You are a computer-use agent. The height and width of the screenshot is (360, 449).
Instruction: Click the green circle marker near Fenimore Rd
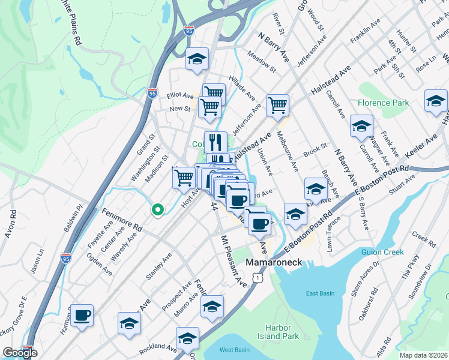pos(158,209)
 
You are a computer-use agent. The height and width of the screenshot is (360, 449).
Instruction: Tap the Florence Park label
pos(383,103)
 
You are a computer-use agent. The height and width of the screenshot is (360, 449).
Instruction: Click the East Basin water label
pos(319,293)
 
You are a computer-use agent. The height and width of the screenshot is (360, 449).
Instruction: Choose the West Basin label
pos(234,350)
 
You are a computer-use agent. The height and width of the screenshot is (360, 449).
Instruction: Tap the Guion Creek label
pos(382,252)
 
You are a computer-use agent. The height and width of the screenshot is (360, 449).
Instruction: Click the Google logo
pos(20,353)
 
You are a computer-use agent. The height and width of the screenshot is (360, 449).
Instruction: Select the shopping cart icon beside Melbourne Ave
pos(278,105)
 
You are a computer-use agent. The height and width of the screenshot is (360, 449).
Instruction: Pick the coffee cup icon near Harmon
pos(82,314)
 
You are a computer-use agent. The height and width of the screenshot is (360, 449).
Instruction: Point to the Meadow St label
pos(261,64)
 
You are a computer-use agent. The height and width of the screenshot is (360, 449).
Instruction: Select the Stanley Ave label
pos(158,266)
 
